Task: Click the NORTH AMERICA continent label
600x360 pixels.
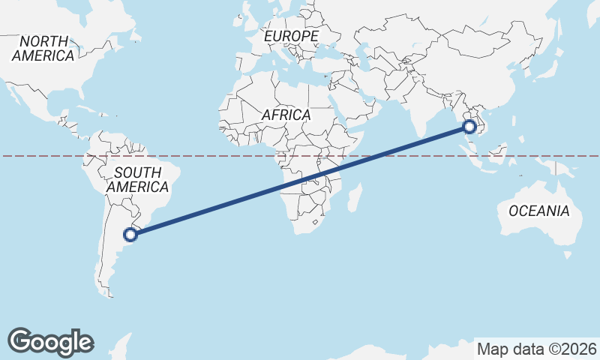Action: click(43, 48)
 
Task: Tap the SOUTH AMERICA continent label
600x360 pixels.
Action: click(137, 180)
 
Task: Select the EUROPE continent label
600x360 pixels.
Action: click(291, 36)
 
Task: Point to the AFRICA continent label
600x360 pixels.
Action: click(286, 115)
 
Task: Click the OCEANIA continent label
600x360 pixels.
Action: click(538, 211)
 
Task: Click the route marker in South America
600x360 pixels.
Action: click(130, 235)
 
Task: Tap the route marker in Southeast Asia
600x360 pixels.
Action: click(470, 127)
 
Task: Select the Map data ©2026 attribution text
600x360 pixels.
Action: click(536, 349)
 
